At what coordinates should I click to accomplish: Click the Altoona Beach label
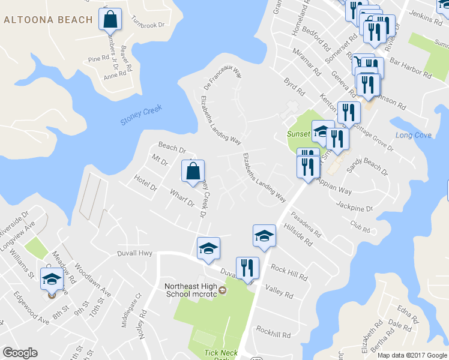coord(49,20)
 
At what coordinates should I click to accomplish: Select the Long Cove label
coord(413,135)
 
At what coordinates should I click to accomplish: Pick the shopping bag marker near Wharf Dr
coord(193,172)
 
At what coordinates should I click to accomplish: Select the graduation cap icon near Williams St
coord(52,278)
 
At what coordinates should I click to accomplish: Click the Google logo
coord(20,353)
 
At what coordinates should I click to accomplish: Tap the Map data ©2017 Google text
coord(412,355)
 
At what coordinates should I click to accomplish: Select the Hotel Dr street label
coord(145,184)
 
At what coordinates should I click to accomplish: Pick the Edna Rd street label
coord(407,313)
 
